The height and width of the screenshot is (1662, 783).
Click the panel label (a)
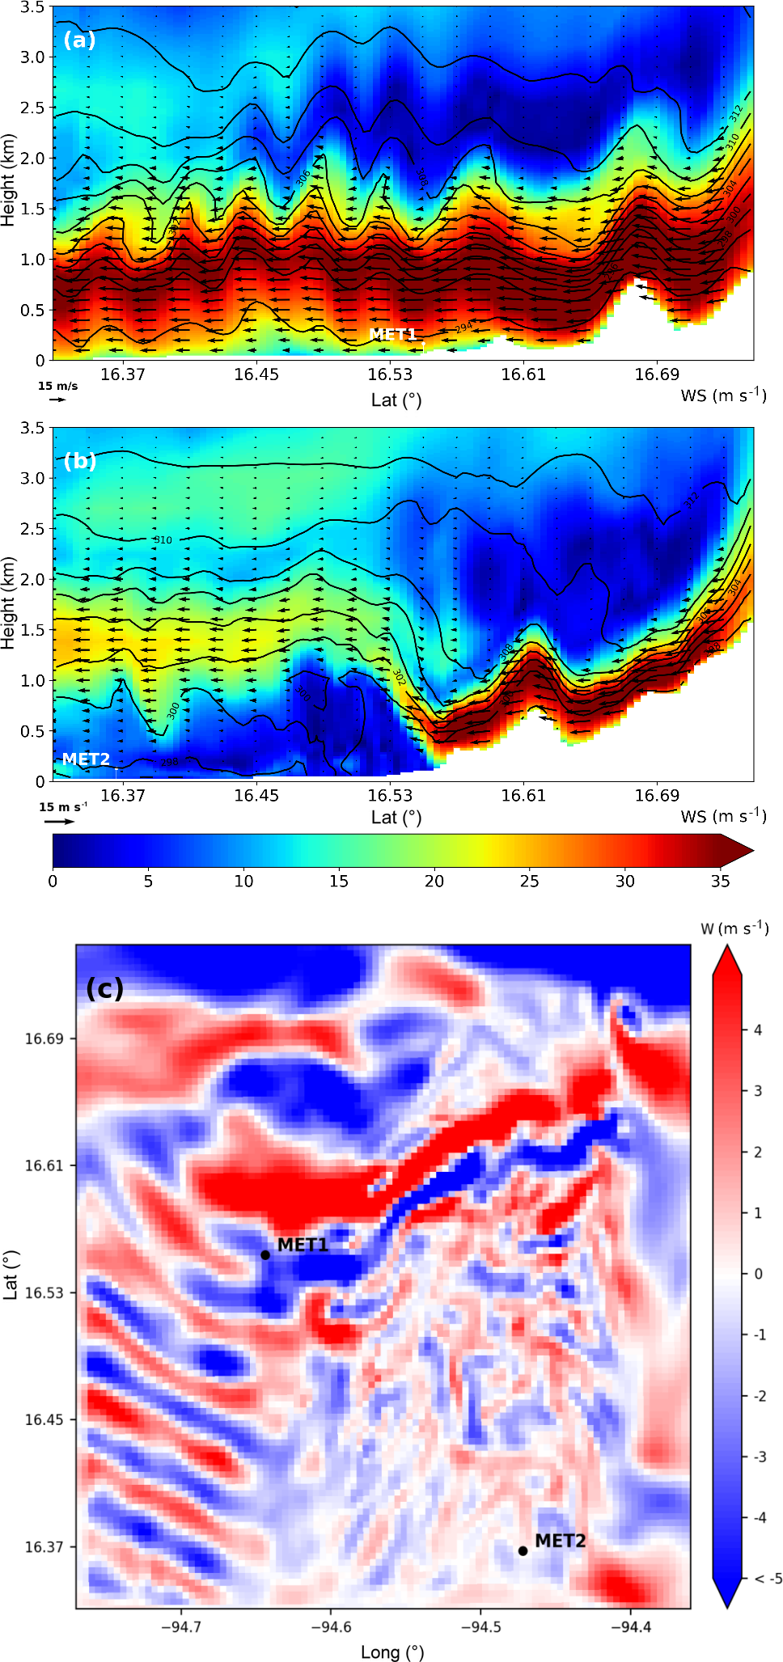click(79, 40)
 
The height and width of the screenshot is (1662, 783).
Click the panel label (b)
click(79, 461)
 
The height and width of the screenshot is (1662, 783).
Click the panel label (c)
click(104, 987)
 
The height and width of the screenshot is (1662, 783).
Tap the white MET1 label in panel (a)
click(392, 334)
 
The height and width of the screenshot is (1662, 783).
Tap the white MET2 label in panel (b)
click(86, 759)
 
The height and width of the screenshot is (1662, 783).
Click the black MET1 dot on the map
click(265, 1254)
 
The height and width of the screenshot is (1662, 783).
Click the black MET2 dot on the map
click(523, 1550)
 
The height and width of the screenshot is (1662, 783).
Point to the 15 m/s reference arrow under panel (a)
click(57, 399)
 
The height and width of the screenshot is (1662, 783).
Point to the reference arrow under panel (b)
click(58, 821)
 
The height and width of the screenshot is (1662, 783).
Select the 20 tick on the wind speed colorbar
click(434, 881)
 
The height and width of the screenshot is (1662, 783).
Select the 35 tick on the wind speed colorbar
click(720, 881)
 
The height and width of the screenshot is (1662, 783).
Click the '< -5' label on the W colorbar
click(768, 1578)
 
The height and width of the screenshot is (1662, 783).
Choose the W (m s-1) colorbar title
click(734, 928)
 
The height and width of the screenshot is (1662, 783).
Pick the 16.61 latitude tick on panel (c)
click(44, 1165)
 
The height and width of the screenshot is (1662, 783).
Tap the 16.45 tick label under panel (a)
click(256, 374)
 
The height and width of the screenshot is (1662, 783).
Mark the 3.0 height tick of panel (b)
click(32, 478)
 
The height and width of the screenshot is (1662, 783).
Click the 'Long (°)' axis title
click(392, 1651)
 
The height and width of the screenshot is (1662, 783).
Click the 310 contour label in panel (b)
click(163, 539)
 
